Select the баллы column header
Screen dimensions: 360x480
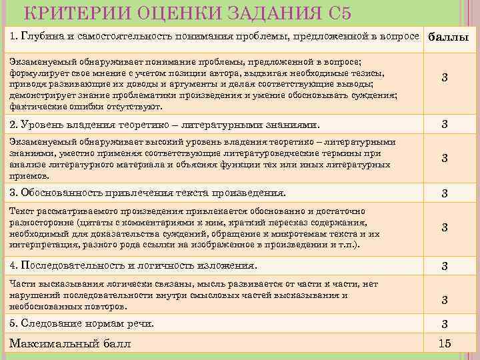click(448, 37)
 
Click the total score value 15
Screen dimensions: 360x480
click(445, 344)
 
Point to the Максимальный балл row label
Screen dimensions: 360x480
click(70, 344)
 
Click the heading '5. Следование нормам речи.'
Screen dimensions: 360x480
click(82, 323)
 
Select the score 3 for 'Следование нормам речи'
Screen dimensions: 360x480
click(445, 324)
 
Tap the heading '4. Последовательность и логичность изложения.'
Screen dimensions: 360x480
click(133, 265)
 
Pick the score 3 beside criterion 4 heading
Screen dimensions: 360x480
click(445, 266)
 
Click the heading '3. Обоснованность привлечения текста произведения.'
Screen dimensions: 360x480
click(147, 193)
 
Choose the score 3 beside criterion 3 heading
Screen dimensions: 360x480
click(445, 194)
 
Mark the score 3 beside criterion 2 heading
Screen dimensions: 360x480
click(445, 125)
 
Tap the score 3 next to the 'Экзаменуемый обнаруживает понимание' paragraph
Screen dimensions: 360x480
click(445, 79)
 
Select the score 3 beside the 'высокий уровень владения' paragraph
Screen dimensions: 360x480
click(445, 158)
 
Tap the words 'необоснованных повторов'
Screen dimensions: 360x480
click(67, 307)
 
